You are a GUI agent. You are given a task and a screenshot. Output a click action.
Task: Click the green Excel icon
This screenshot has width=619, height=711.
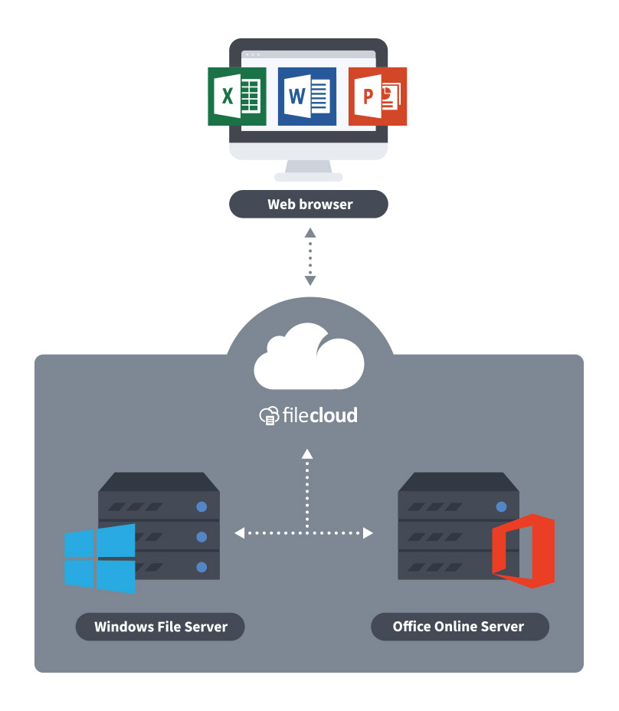pos(237,96)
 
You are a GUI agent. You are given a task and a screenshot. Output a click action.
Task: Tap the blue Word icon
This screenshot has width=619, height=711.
pos(306,97)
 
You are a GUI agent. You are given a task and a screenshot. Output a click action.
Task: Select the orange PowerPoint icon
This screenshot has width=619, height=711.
pos(377,97)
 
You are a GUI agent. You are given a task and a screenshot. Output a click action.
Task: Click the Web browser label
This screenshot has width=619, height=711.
pos(309,205)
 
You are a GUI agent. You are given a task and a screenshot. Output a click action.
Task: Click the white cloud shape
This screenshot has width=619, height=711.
pos(309,357)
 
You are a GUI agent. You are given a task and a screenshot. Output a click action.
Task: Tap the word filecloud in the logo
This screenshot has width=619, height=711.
pos(318,415)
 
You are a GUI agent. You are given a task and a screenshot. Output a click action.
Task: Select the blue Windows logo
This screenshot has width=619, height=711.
pos(100,558)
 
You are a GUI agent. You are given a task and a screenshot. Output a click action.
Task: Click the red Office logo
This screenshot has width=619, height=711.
pos(522,551)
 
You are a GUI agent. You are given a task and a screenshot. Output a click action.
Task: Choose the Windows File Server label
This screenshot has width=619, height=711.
pos(160,627)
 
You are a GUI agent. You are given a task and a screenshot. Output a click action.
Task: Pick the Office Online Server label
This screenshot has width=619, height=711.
pos(459,626)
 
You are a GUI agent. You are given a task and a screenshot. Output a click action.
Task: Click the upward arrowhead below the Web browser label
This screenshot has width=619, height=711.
pos(309,231)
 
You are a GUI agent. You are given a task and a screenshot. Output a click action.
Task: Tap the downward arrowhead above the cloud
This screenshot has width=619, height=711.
pos(309,280)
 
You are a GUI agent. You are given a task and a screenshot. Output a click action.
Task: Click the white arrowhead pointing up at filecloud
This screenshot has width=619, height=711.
pos(306,454)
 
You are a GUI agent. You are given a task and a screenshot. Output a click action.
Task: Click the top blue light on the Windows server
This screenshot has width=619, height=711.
pos(201,506)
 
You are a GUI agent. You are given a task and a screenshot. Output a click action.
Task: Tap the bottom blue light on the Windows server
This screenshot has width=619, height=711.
pos(201,567)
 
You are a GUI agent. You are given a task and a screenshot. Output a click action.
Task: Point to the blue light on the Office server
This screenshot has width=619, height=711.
pos(501,506)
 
